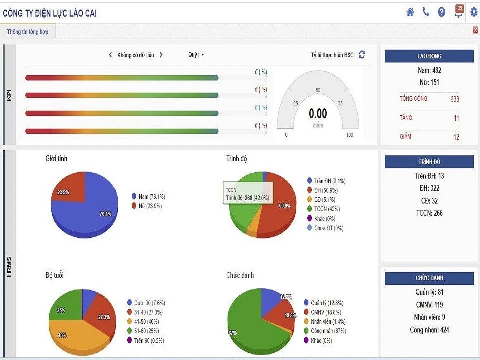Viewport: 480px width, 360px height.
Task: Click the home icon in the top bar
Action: pyautogui.click(x=410, y=12)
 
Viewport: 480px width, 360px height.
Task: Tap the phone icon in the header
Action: pyautogui.click(x=426, y=12)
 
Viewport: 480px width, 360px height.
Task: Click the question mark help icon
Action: pyautogui.click(x=441, y=12)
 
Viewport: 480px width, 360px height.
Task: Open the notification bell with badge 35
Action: pyautogui.click(x=459, y=12)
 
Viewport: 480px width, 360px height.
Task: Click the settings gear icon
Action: pyautogui.click(x=474, y=12)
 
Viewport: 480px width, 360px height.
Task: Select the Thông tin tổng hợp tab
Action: pyautogui.click(x=28, y=32)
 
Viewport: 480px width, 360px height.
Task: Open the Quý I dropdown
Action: pyautogui.click(x=196, y=55)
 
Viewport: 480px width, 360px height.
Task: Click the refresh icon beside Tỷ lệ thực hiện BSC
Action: pyautogui.click(x=362, y=55)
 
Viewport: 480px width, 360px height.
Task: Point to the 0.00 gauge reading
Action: pyautogui.click(x=318, y=114)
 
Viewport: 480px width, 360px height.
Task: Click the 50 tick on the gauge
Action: pyautogui.click(x=318, y=90)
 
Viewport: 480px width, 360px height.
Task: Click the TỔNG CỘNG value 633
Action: pyautogui.click(x=454, y=99)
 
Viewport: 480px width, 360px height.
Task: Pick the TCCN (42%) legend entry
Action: pyautogui.click(x=327, y=209)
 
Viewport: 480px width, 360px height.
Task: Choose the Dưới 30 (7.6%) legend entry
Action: pyautogui.click(x=149, y=303)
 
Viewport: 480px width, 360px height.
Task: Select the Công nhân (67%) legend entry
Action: pyautogui.click(x=327, y=331)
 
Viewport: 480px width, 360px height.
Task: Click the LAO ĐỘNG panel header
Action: pyautogui.click(x=429, y=56)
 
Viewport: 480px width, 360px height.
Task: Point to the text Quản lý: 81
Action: pyautogui.click(x=429, y=292)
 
